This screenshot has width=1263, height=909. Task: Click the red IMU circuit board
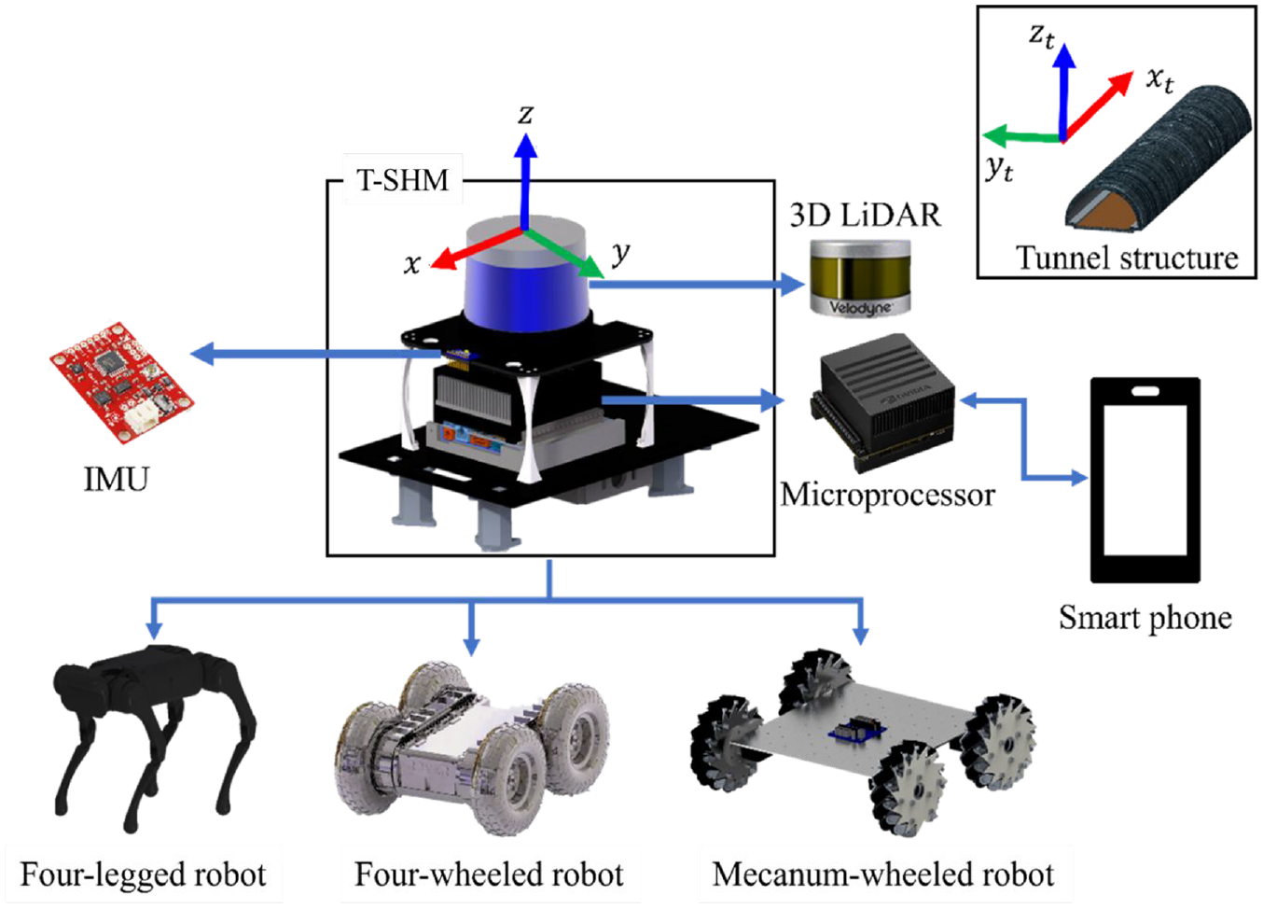(x=122, y=383)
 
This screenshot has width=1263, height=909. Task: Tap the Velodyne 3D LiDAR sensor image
(x=860, y=277)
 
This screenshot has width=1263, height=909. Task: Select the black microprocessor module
(x=883, y=401)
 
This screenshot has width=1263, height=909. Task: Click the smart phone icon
(x=1145, y=481)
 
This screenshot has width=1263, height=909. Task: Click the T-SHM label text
(x=403, y=180)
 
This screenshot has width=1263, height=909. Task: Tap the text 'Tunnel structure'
(x=1127, y=259)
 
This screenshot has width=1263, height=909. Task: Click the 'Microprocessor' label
(x=887, y=496)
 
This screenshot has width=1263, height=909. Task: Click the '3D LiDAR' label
(x=866, y=215)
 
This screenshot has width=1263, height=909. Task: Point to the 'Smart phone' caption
(x=1145, y=618)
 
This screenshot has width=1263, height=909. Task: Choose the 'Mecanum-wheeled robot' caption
(x=883, y=875)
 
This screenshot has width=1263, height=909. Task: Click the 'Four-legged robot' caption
(x=143, y=875)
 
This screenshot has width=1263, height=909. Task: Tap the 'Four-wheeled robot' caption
(x=489, y=875)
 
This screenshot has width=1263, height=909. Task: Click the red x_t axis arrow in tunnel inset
(x=1098, y=106)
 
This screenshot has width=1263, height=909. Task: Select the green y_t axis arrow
(x=1021, y=136)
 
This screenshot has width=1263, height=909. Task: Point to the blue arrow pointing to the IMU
(x=315, y=355)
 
